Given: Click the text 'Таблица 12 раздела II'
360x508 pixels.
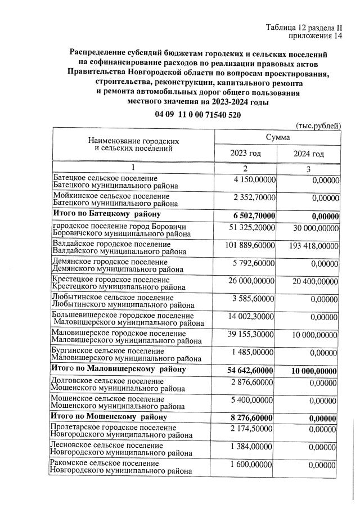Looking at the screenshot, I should (x=304, y=28).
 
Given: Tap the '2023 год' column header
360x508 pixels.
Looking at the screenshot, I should (x=246, y=154).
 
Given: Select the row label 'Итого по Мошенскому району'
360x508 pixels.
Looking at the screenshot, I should (x=110, y=417).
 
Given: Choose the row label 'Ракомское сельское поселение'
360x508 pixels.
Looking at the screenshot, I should (x=105, y=464).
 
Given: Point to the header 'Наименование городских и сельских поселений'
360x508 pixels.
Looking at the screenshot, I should (x=133, y=145).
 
